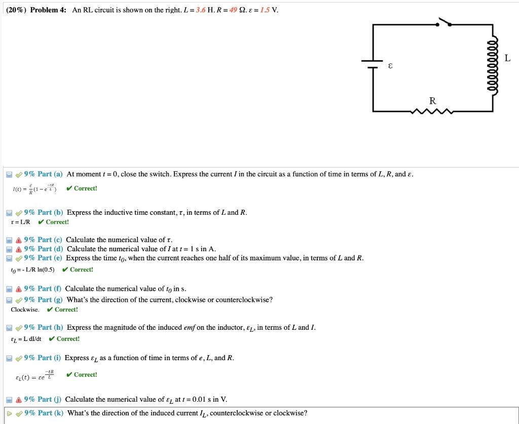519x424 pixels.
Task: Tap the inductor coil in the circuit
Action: [x=492, y=64]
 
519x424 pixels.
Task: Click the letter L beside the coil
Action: [x=507, y=58]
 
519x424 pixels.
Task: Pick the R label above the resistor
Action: [x=432, y=100]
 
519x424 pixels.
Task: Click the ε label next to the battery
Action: [x=390, y=66]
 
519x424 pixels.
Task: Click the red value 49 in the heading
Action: [x=233, y=10]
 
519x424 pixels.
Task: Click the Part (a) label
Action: [x=50, y=174]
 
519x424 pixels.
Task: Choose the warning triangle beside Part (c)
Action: [x=18, y=240]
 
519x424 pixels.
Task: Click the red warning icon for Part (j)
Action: [x=18, y=399]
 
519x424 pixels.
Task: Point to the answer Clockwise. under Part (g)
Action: [x=25, y=310]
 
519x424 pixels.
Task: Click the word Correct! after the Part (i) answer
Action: [x=85, y=375]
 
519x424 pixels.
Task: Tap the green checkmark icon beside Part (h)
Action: [x=18, y=328]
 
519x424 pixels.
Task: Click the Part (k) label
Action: [x=50, y=413]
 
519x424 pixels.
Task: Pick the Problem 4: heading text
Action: [x=49, y=10]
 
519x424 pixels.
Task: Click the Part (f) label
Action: [x=49, y=289]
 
